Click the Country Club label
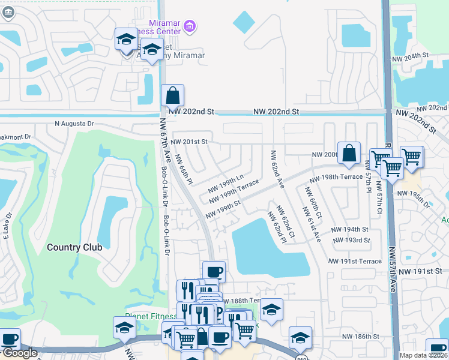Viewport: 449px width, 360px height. pyautogui.click(x=74, y=247)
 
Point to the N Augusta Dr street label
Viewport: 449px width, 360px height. pyautogui.click(x=74, y=124)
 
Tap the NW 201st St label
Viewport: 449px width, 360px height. pyautogui.click(x=188, y=142)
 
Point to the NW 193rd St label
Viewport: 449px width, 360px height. pyautogui.click(x=353, y=240)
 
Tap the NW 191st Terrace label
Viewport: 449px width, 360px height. pyautogui.click(x=354, y=262)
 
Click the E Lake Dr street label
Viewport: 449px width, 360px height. pyautogui.click(x=9, y=223)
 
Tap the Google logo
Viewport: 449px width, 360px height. pyautogui.click(x=19, y=353)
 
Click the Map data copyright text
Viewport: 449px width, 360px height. pyautogui.click(x=424, y=355)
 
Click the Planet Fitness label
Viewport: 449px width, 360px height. pyautogui.click(x=150, y=316)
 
